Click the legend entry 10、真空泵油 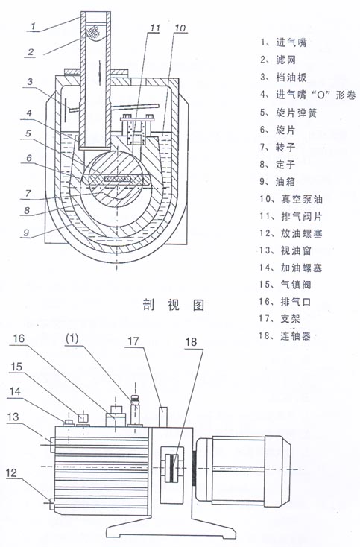[291, 199]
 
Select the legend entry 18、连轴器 [285, 335]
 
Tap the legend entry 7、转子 [278, 147]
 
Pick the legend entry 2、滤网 [278, 60]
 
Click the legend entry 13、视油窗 [285, 250]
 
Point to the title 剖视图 [174, 305]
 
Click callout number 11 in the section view [154, 28]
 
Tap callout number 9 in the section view [27, 233]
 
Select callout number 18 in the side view [191, 341]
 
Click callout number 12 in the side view [11, 472]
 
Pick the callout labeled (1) [72, 338]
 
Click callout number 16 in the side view [19, 338]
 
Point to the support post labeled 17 [163, 417]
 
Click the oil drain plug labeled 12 [51, 503]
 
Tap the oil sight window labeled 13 [51, 444]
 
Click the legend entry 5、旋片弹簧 [288, 113]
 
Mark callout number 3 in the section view [30, 82]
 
